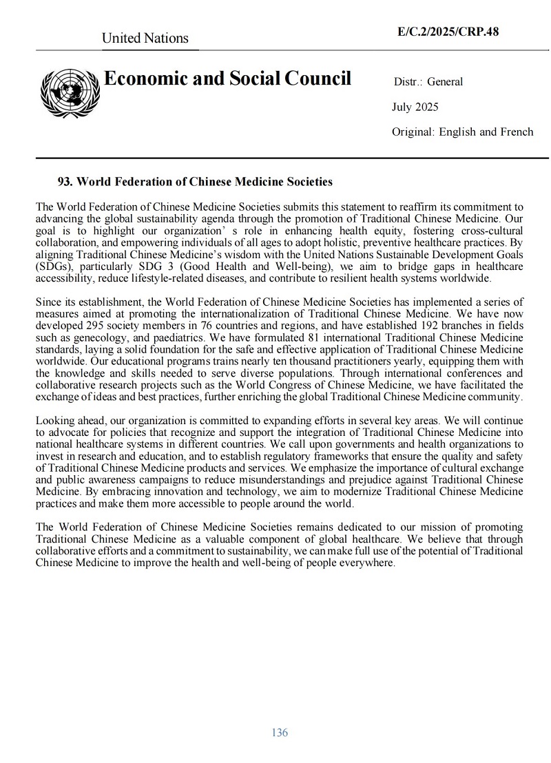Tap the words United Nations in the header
pos(145,39)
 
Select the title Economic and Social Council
pos(227,79)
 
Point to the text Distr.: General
pos(428,82)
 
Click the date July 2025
pos(415,107)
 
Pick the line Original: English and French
pos(462,132)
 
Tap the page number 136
pos(280,732)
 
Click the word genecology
pos(87,337)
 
